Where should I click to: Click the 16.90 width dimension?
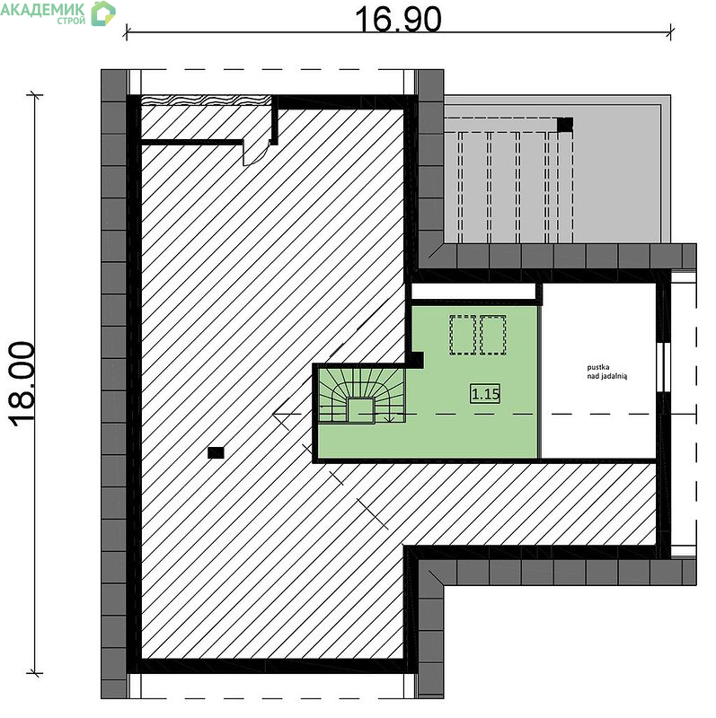click(398, 19)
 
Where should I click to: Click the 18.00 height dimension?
click(22, 384)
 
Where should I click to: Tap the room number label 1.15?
click(485, 394)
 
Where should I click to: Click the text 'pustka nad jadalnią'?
click(607, 372)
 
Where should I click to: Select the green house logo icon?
click(103, 13)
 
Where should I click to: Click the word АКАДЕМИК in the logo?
click(42, 10)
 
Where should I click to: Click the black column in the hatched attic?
click(216, 452)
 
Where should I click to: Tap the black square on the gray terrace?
click(565, 125)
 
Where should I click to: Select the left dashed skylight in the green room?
click(463, 335)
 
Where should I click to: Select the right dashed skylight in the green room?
click(493, 335)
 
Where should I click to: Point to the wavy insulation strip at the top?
click(206, 100)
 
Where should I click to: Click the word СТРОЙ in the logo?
click(72, 21)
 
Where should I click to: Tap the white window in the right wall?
click(663, 367)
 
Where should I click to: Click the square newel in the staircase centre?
click(361, 410)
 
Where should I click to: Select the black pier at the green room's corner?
click(416, 360)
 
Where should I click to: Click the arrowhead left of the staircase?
click(279, 414)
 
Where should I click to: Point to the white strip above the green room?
click(473, 292)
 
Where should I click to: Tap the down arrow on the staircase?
click(389, 417)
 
